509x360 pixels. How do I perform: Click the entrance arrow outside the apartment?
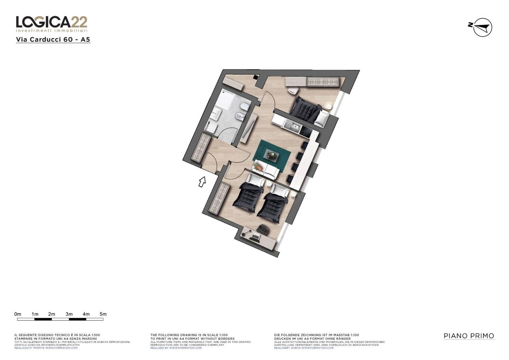(202, 182)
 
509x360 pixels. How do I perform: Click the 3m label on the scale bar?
(69, 314)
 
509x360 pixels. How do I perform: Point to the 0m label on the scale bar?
(17, 314)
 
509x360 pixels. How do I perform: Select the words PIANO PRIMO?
(469, 336)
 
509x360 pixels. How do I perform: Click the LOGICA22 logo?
(52, 24)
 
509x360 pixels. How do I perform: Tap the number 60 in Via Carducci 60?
(68, 39)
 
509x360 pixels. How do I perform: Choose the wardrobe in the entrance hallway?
(200, 148)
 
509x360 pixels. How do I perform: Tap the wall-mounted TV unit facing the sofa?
(249, 129)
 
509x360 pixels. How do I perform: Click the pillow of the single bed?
(323, 118)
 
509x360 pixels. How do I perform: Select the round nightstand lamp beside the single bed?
(329, 106)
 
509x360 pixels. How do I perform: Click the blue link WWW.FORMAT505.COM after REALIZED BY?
(185, 348)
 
